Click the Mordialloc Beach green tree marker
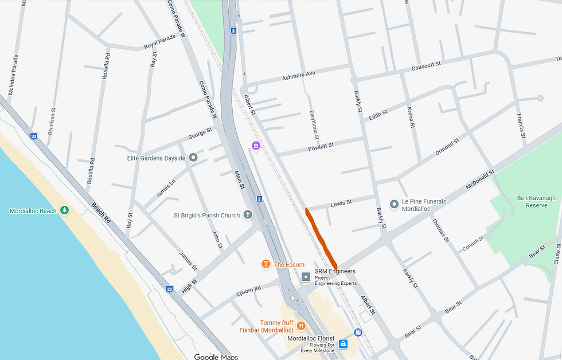(x=64, y=211)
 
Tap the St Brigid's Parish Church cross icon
(x=248, y=216)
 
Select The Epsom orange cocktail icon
(x=266, y=264)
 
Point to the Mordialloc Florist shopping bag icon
(x=343, y=343)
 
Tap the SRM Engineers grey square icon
(x=306, y=277)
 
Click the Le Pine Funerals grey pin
(x=394, y=204)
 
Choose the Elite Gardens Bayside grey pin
(x=193, y=157)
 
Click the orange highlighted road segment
(x=321, y=238)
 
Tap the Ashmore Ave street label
(x=299, y=75)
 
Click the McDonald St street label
(x=480, y=180)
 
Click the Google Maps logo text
(x=216, y=357)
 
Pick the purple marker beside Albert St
(x=256, y=146)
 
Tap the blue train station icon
(x=358, y=332)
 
